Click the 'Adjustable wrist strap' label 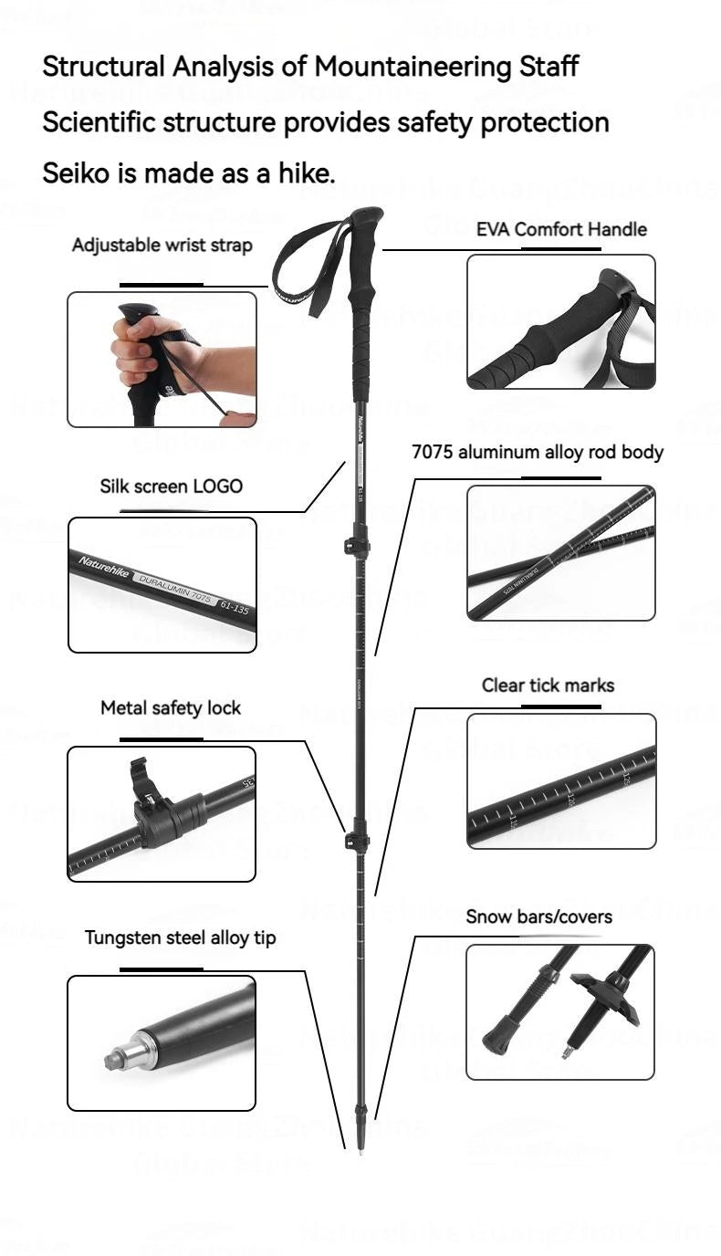[x=162, y=246]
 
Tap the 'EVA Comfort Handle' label [x=560, y=229]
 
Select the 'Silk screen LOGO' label [x=171, y=487]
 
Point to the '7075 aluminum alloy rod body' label [x=537, y=452]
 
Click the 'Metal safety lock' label [x=171, y=707]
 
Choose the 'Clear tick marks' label [x=548, y=686]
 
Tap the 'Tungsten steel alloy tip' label [x=180, y=937]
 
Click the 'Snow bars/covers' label [x=538, y=916]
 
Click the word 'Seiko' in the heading [x=77, y=173]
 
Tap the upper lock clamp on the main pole [x=356, y=547]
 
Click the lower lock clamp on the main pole [x=356, y=834]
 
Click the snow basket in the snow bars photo [x=603, y=998]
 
